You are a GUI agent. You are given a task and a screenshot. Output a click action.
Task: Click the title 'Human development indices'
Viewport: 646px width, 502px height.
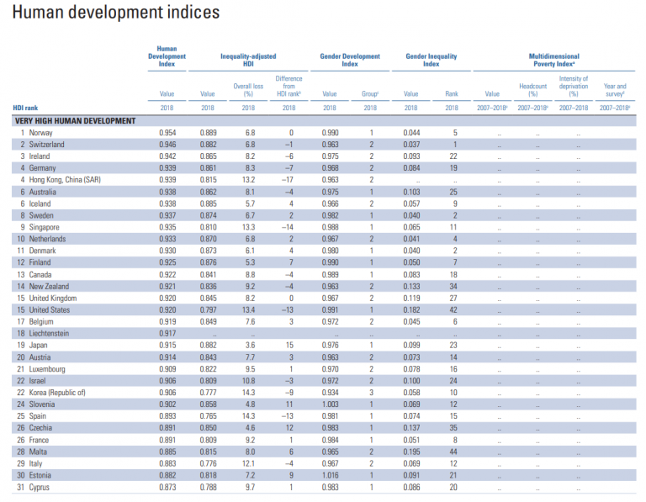click(x=116, y=13)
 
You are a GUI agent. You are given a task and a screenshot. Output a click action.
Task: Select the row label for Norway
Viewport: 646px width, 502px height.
click(x=41, y=133)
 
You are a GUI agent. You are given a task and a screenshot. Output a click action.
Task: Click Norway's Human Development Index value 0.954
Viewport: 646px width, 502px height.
click(x=167, y=133)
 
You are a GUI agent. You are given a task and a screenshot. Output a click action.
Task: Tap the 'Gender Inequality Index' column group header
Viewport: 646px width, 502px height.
click(x=431, y=61)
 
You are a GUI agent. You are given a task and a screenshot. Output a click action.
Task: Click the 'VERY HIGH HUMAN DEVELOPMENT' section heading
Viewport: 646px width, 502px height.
click(x=75, y=121)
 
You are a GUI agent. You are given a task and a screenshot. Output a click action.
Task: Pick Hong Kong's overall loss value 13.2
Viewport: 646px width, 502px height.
click(x=249, y=180)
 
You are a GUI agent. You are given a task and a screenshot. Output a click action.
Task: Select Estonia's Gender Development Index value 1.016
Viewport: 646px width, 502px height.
click(x=330, y=475)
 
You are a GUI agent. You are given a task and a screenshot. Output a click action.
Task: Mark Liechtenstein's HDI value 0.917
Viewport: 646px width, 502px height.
click(x=167, y=333)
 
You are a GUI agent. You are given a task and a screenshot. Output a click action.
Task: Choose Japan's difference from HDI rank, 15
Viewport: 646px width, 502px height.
click(x=289, y=345)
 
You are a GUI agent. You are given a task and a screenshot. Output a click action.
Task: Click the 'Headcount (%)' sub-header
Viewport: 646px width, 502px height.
click(x=533, y=89)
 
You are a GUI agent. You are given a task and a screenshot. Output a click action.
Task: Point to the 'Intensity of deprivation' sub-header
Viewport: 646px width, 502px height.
click(x=574, y=86)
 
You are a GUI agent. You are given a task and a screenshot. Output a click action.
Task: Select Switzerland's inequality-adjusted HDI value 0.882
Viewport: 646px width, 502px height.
click(x=208, y=145)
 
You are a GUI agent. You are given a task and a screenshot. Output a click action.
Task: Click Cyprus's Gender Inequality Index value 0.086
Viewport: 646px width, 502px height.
click(x=410, y=487)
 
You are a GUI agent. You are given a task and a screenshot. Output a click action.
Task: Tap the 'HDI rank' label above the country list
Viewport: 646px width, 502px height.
click(x=24, y=108)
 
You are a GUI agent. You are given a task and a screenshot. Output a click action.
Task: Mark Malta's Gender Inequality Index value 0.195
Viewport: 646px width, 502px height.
click(x=410, y=452)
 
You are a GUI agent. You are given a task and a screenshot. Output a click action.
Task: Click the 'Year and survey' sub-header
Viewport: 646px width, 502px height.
click(x=615, y=89)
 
